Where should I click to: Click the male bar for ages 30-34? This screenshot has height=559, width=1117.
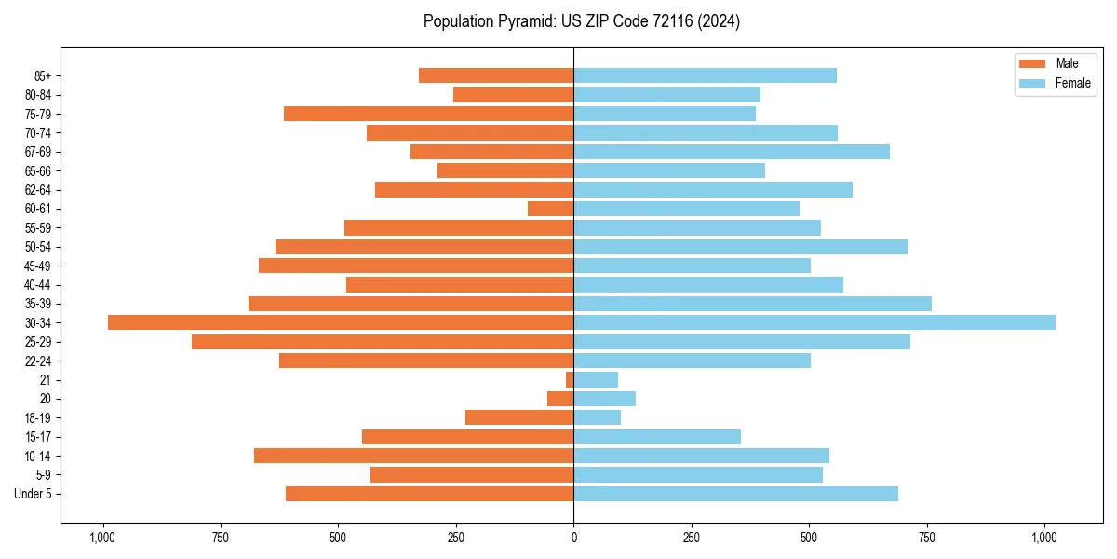[x=341, y=322]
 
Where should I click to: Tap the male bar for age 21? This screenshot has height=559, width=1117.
[x=570, y=379]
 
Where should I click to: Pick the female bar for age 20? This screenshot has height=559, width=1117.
[x=604, y=399]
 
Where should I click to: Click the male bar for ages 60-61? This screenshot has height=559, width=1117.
[x=550, y=209]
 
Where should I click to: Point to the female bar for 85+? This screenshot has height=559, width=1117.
[x=705, y=75]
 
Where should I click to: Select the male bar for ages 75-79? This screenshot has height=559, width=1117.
[x=428, y=114]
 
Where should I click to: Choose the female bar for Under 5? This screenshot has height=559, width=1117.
[x=735, y=494]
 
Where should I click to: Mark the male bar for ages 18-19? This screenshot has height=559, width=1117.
[x=519, y=417]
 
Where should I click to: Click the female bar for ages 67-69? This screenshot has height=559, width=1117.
[x=732, y=152]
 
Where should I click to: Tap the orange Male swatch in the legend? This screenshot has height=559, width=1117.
[x=1033, y=63]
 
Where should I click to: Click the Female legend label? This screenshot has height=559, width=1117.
[x=1072, y=83]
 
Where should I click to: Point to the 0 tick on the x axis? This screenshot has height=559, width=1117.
[x=573, y=538]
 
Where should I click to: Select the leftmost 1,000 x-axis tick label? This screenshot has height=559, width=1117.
[x=102, y=538]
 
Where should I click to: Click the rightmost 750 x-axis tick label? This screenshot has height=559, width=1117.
[x=927, y=538]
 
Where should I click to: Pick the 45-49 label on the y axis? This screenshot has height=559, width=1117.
[x=38, y=266]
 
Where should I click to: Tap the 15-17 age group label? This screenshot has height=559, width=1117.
[x=38, y=437]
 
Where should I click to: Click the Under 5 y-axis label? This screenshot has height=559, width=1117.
[x=34, y=494]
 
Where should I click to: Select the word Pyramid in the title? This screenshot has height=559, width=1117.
[x=524, y=21]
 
